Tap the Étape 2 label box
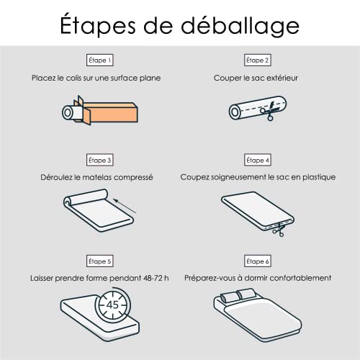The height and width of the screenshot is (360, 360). tap(256, 60)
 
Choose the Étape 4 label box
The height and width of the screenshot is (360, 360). tap(256, 160)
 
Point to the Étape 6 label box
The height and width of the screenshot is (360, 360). tap(256, 261)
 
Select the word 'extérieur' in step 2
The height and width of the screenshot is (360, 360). tap(280, 77)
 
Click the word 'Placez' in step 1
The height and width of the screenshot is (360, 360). tap(45, 77)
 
